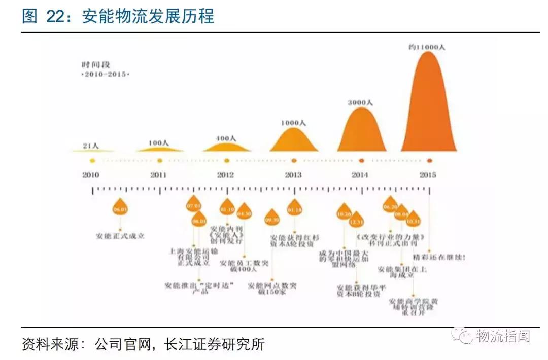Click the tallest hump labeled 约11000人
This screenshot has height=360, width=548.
click(x=429, y=106)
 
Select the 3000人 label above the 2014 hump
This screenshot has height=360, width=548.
click(x=360, y=103)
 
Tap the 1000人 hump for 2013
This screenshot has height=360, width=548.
click(x=293, y=140)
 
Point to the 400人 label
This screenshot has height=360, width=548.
click(x=226, y=138)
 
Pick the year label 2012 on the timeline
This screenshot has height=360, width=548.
click(x=225, y=175)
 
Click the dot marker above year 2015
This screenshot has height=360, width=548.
click(x=429, y=161)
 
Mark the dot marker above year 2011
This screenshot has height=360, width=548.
click(x=160, y=161)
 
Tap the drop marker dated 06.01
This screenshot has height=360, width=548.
click(x=120, y=208)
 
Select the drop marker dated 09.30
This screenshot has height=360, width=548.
click(x=272, y=219)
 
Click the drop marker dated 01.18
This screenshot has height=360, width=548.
click(x=294, y=208)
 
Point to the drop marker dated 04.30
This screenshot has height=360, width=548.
click(x=244, y=213)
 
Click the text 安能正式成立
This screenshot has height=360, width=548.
click(x=120, y=236)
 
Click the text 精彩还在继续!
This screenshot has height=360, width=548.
click(x=439, y=257)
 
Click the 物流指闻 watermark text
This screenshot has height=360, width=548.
click(x=503, y=335)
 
